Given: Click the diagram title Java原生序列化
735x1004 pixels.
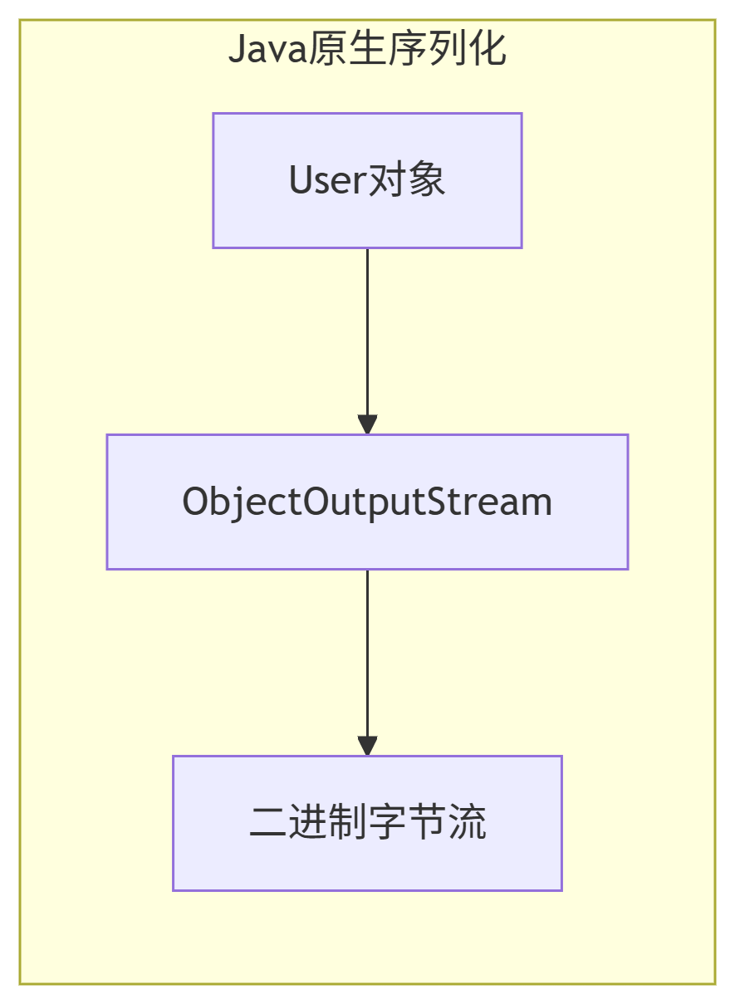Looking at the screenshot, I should click(x=367, y=51).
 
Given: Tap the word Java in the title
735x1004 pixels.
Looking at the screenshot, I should click(x=257, y=51).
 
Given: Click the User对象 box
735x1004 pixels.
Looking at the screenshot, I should click(x=367, y=216).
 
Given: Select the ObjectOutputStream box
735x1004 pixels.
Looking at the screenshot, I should click(x=367, y=540).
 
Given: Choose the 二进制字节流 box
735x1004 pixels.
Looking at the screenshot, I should click(x=367, y=864).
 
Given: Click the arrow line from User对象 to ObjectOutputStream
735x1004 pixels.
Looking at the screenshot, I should click(x=367, y=332).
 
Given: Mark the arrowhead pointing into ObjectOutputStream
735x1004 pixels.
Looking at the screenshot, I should click(x=367, y=424).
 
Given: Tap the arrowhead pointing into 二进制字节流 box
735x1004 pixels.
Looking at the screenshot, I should click(x=367, y=746).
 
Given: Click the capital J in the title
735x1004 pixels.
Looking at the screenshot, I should click(x=237, y=51).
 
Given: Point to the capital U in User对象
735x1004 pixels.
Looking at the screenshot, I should click(x=300, y=180).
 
